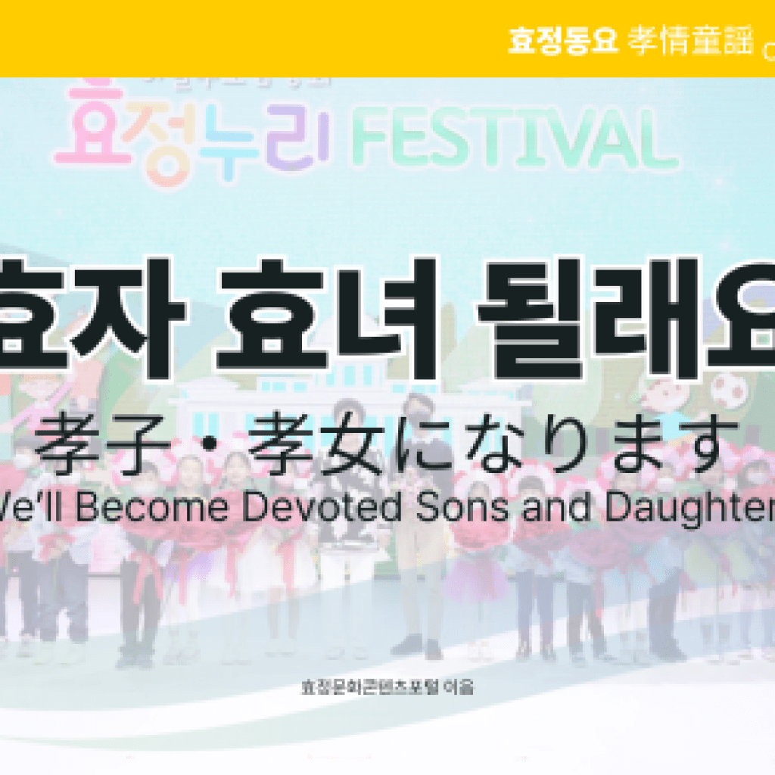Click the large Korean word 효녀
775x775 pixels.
tap(326, 318)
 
